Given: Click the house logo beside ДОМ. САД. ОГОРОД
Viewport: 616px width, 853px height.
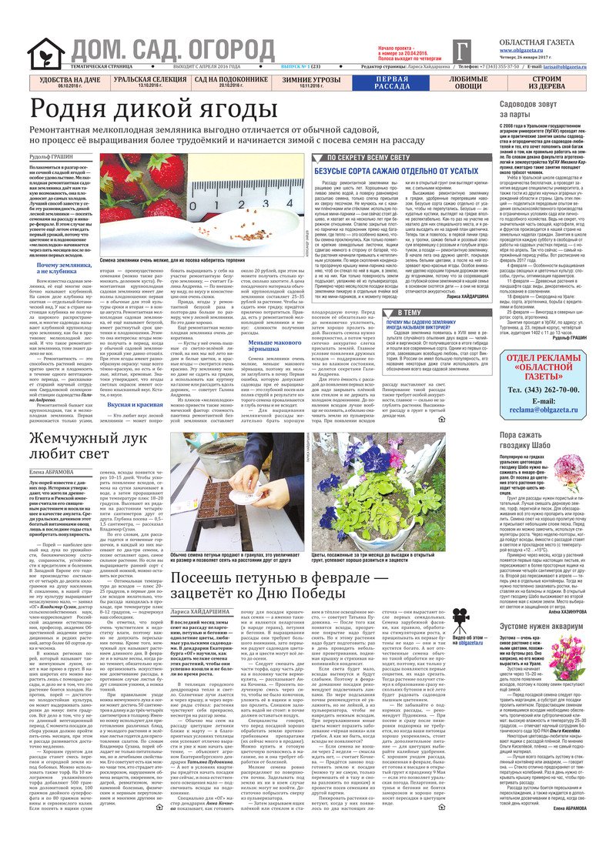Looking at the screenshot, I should click(45, 53).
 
